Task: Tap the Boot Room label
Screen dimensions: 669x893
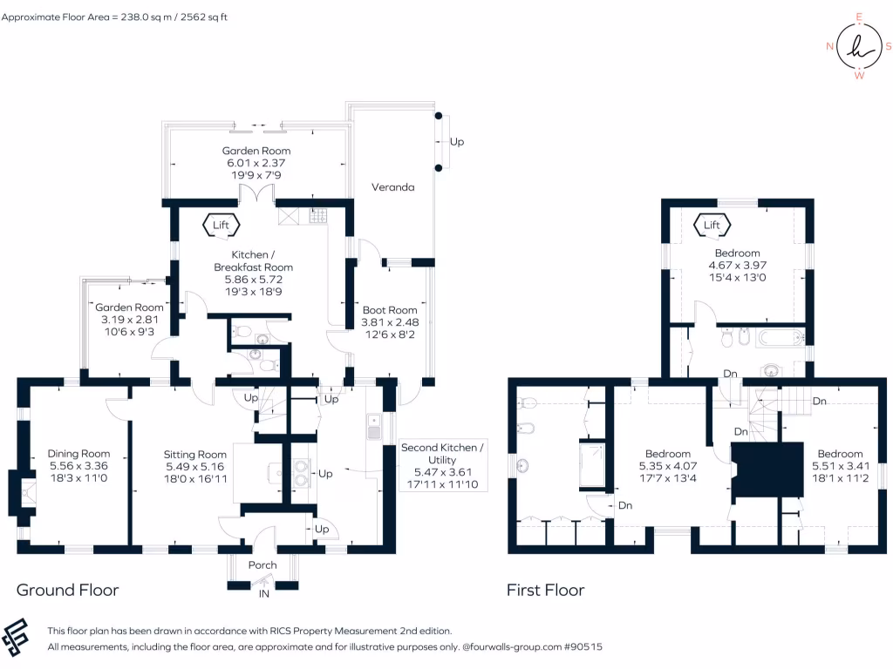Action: (x=389, y=310)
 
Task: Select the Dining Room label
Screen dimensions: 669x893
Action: (x=78, y=454)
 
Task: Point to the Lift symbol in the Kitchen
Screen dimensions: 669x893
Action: (x=221, y=225)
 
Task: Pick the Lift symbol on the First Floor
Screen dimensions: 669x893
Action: (x=712, y=225)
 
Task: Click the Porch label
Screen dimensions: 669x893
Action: (x=262, y=565)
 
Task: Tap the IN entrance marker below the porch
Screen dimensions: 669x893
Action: (x=262, y=594)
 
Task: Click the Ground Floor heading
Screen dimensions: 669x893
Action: (x=67, y=591)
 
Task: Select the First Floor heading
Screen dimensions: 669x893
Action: (x=545, y=591)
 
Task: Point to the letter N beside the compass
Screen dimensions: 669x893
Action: (x=829, y=47)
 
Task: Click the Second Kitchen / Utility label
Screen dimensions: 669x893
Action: (x=440, y=453)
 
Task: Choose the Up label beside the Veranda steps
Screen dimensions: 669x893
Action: (x=456, y=141)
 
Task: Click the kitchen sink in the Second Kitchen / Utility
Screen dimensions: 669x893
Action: (x=372, y=427)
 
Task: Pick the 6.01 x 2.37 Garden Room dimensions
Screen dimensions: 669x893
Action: (x=256, y=163)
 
